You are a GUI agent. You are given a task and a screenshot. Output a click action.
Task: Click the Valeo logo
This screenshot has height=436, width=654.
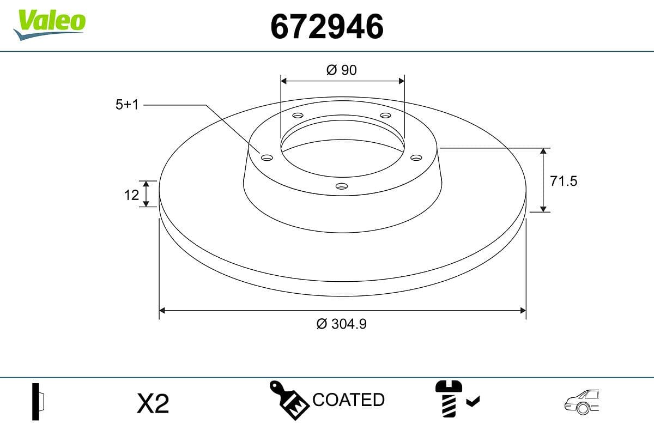coord(49,23)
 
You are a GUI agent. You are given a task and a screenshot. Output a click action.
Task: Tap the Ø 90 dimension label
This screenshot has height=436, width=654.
coord(342,70)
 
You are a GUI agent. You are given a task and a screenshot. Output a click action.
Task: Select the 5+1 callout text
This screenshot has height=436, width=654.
coord(127,105)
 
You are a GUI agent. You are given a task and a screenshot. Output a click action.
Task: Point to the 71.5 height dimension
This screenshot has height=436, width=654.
coord(563,181)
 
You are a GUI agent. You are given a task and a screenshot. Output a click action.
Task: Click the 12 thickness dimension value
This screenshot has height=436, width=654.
coord(131,194)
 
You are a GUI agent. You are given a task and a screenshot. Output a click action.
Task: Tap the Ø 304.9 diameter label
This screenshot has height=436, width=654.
coord(342,324)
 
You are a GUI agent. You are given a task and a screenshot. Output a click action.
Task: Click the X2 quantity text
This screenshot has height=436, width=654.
coord(153,404)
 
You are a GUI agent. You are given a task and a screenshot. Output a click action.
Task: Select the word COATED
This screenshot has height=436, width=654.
coord(349,399)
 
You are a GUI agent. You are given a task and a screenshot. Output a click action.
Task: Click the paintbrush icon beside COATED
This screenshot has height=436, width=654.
coord(289,401)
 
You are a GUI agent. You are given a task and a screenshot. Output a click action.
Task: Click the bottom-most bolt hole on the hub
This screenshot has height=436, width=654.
coord(342,186)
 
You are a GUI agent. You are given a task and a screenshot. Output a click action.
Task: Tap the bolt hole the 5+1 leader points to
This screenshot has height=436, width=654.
coord(267,158)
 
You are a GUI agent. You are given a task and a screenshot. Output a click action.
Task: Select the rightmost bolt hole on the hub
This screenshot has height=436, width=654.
coord(416,158)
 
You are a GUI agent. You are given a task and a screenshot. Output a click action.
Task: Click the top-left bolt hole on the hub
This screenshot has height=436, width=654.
coord(298,116)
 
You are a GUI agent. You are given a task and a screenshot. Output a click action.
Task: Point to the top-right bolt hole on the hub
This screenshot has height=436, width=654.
coord(385,116)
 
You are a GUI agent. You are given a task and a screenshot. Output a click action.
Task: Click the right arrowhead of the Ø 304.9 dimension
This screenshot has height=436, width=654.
coord(523,311)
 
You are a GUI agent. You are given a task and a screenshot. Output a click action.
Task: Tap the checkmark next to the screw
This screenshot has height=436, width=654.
coord(473,402)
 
